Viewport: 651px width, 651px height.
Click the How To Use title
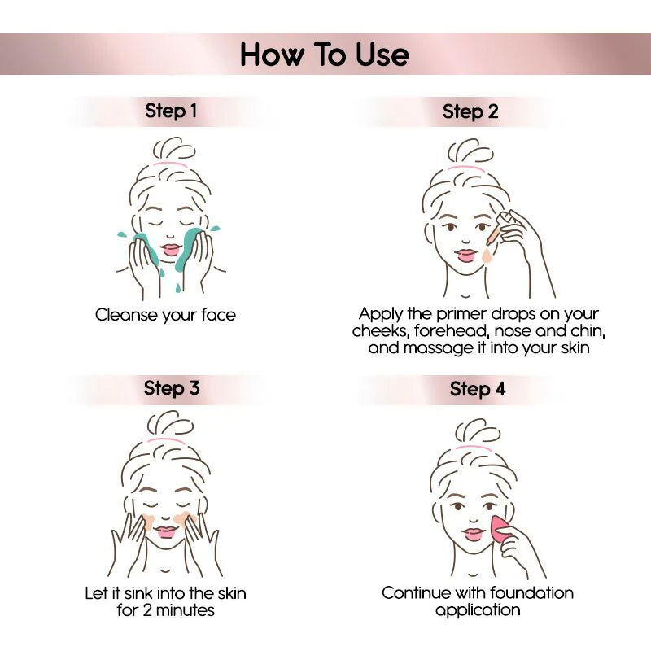(x=325, y=55)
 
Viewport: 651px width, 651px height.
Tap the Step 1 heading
(x=171, y=111)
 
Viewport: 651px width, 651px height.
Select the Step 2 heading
(x=470, y=112)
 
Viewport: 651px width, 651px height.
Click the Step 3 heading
(x=172, y=387)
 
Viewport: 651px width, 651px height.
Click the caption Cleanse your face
(x=165, y=314)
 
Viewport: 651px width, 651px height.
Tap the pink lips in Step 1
(x=171, y=249)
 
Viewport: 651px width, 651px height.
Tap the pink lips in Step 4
(x=473, y=535)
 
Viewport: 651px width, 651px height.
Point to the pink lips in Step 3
(x=168, y=532)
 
